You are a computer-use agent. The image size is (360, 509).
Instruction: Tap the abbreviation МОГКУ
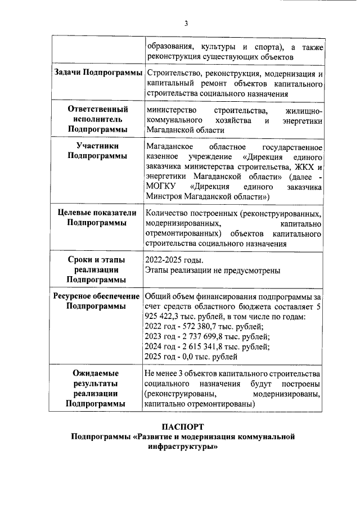point(161,186)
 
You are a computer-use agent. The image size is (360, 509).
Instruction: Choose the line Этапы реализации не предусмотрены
point(212,271)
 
